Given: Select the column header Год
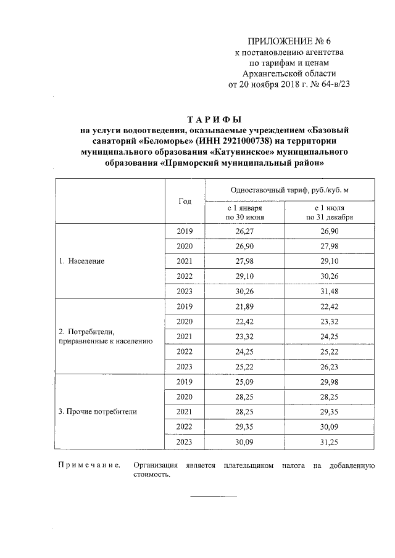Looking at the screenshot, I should [185, 202].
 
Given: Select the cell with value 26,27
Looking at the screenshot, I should [245, 231].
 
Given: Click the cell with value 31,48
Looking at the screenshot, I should [329, 291].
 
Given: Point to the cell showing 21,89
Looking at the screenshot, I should [245, 306].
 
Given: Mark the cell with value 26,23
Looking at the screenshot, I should [329, 366].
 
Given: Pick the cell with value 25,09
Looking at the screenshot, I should [245, 381].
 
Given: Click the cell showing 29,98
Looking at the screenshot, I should [329, 381].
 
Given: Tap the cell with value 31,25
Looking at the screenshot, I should [329, 441].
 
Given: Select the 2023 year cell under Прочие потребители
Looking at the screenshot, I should [185, 441].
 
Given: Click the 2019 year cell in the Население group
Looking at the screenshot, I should [185, 231].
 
